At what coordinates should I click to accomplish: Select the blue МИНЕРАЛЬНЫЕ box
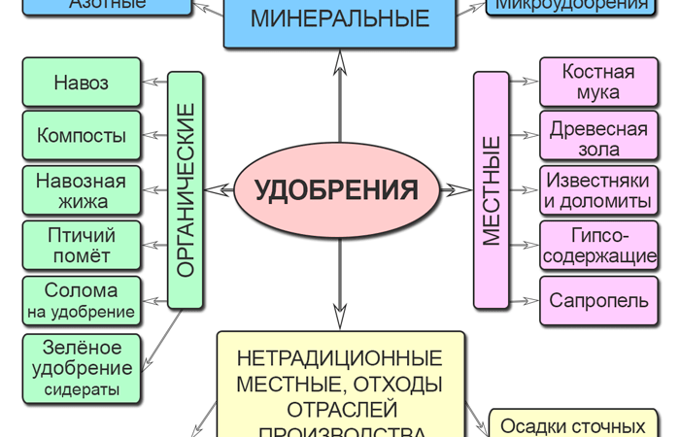click(x=339, y=22)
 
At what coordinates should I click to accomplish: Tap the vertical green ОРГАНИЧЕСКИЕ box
click(x=187, y=189)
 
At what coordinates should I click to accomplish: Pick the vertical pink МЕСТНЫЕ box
click(x=492, y=189)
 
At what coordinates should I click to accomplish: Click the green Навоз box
click(x=82, y=83)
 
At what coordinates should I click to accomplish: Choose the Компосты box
click(x=82, y=136)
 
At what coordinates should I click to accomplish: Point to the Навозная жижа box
click(x=82, y=190)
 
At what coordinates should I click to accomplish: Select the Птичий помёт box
click(x=82, y=246)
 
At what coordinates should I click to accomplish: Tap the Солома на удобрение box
click(x=82, y=300)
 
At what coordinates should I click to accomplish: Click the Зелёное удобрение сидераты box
click(x=82, y=367)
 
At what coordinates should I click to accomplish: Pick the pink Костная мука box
click(x=598, y=83)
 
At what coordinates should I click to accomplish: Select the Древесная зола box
click(x=598, y=136)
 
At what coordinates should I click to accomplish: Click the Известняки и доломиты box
click(x=598, y=190)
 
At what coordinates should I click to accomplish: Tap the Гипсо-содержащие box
click(x=598, y=246)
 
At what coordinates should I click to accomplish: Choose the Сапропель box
click(x=598, y=300)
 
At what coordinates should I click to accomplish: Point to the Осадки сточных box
click(x=572, y=424)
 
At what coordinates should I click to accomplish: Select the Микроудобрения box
click(x=571, y=7)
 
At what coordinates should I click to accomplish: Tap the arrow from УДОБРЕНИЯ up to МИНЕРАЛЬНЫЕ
click(x=340, y=97)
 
